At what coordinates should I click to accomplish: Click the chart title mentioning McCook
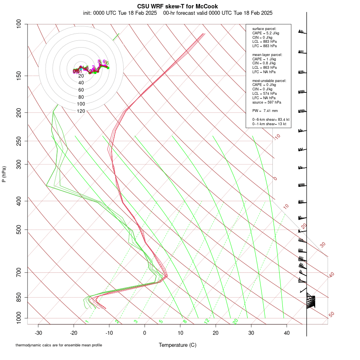[178, 6]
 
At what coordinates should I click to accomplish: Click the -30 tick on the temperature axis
[38, 333]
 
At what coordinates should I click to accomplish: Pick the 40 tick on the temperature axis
[287, 333]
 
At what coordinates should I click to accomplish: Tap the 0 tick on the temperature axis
[145, 333]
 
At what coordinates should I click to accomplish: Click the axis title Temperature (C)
[178, 345]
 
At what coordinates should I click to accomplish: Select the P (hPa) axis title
[4, 174]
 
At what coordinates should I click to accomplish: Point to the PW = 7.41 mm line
[265, 111]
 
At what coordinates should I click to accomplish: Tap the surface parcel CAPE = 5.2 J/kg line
[266, 33]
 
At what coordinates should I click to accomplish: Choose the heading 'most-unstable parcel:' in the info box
[269, 80]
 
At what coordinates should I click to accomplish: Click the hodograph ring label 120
[81, 111]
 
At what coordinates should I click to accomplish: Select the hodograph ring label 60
[81, 90]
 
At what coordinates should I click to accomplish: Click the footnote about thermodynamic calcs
[62, 345]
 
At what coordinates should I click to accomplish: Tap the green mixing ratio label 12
[206, 321]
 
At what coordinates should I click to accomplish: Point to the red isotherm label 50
[331, 315]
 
